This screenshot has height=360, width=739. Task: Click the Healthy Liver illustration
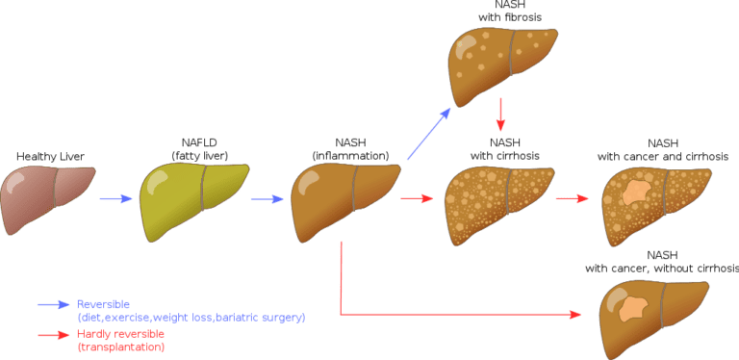pos(50,197)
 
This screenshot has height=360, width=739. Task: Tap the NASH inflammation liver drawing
pos(344,197)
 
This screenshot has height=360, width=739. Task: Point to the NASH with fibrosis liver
pos(504,58)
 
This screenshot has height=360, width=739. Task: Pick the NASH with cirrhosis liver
pos(499,202)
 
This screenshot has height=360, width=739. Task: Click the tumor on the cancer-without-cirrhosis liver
pos(633,308)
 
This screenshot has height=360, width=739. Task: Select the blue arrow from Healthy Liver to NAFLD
pos(116,199)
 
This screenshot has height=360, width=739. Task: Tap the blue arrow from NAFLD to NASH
pos(268,199)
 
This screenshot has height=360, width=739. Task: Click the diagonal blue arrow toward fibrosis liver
pos(428,135)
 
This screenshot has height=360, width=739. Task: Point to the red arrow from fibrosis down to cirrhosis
pos(500,115)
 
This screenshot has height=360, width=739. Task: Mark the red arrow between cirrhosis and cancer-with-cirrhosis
pos(573,199)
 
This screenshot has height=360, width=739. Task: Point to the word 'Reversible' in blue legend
pos(103,304)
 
